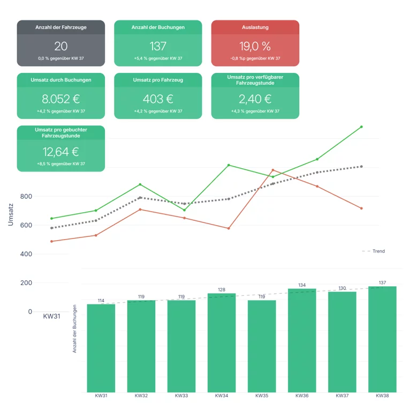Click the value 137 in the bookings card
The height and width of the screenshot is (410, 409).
tap(158, 46)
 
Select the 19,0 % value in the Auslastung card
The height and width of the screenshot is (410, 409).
tap(255, 46)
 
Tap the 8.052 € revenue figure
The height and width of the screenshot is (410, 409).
tap(60, 99)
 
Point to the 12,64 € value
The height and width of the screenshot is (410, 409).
tap(60, 152)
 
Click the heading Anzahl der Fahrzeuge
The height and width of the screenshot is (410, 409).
tap(60, 27)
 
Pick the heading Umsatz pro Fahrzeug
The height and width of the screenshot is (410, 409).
tap(158, 80)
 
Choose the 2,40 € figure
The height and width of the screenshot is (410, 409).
tap(255, 99)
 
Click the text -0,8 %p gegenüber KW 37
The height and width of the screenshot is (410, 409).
tap(255, 58)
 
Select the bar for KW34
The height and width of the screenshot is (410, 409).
tap(222, 343)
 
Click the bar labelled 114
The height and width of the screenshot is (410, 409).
tap(101, 348)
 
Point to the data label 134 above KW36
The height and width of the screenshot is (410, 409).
tap(302, 285)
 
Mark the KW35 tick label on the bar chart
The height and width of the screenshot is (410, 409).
tap(262, 396)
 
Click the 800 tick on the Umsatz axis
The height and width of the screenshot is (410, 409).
tap(26, 197)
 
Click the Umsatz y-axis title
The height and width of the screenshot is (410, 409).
tap(11, 213)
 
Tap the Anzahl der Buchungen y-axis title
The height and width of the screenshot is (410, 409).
tap(74, 329)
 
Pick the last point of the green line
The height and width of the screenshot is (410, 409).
tap(361, 127)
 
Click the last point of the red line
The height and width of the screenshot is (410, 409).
tap(361, 208)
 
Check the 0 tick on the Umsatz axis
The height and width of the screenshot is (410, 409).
tap(30, 312)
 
